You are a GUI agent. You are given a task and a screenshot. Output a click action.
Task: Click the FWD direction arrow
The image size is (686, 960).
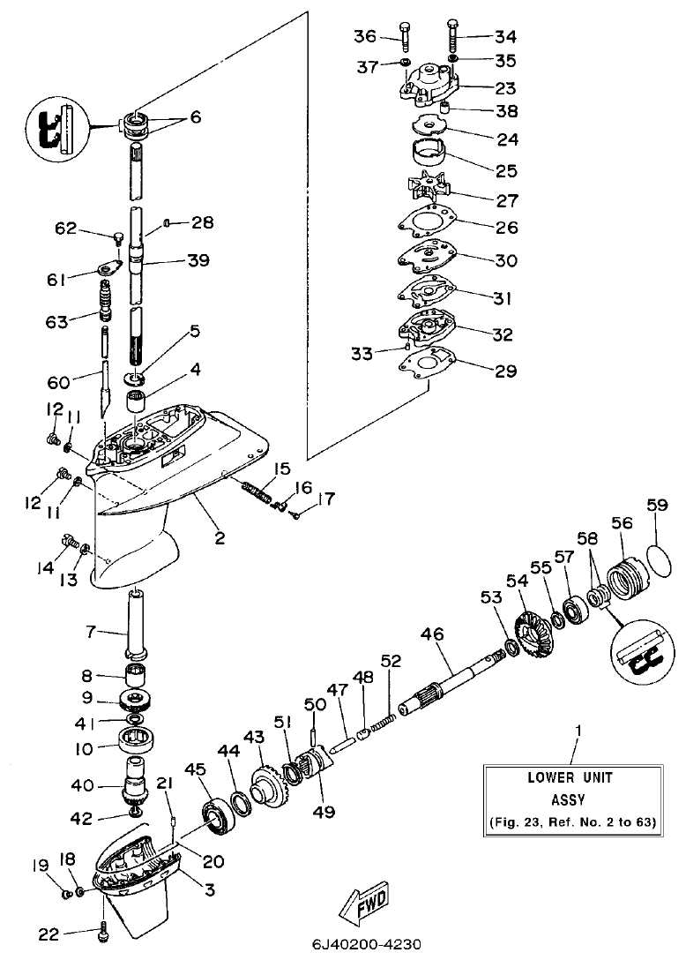click(362, 904)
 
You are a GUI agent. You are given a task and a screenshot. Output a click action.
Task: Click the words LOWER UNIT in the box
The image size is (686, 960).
click(570, 777)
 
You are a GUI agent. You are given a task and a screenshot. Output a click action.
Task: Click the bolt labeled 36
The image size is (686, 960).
click(403, 35)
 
